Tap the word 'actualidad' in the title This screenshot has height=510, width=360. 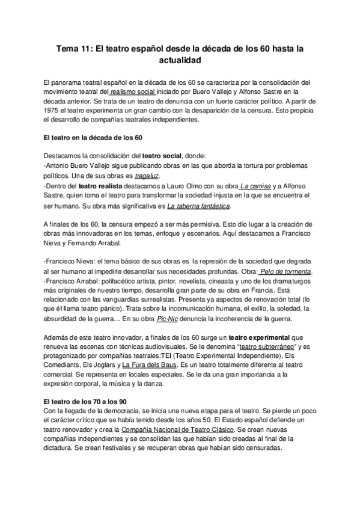tap(180, 61)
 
